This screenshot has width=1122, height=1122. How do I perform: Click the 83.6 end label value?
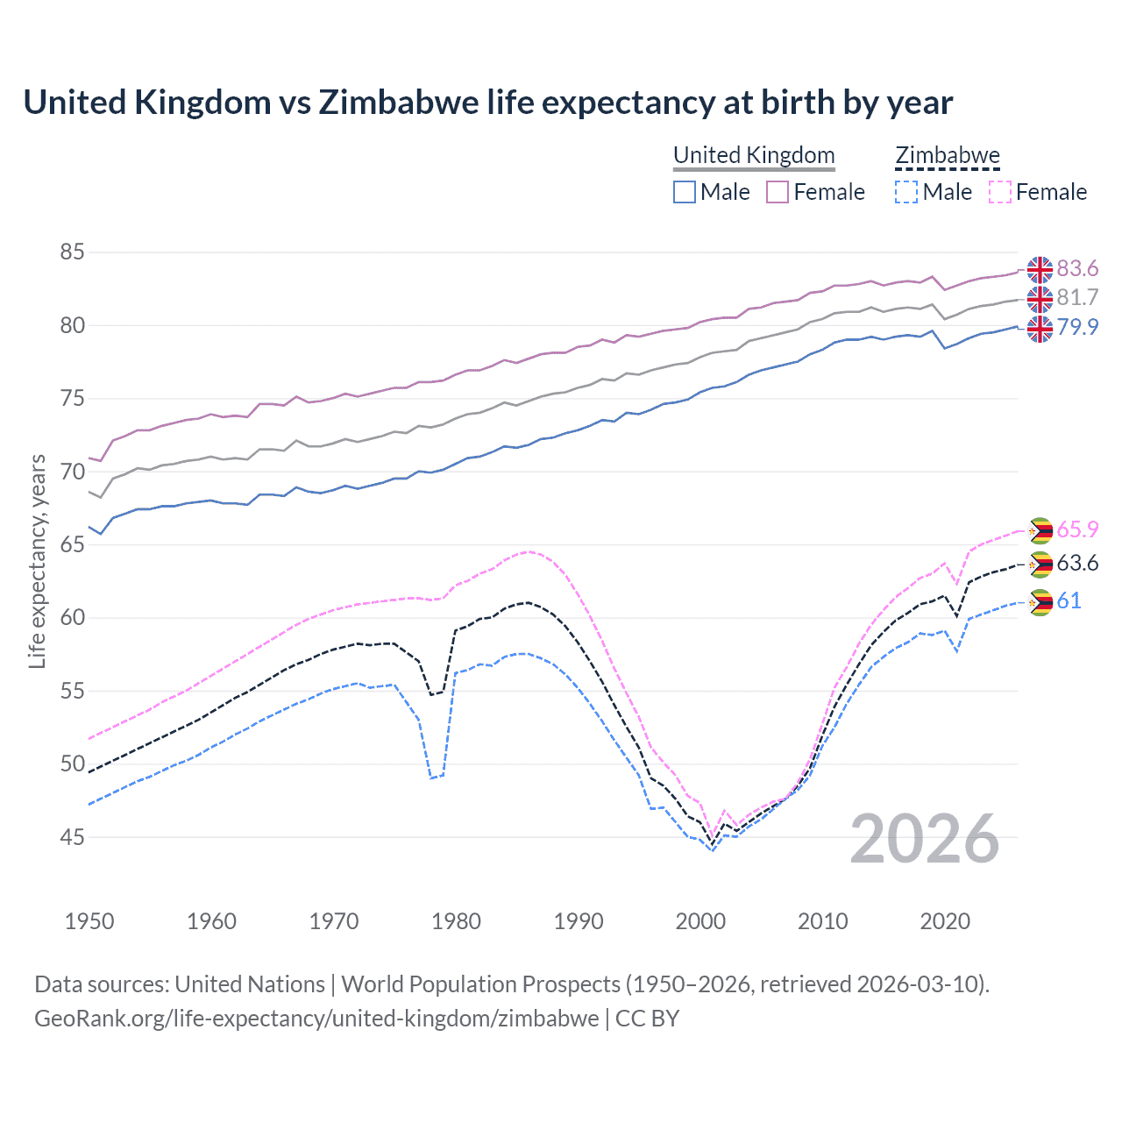[x=1077, y=268]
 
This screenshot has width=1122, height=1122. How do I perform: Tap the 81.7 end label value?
[x=1077, y=298]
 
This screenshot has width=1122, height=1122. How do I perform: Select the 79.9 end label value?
[x=1077, y=328]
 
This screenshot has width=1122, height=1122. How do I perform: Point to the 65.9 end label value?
[x=1077, y=530]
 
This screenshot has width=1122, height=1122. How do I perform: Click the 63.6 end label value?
[x=1077, y=564]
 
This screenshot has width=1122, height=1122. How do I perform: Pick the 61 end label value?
[x=1069, y=601]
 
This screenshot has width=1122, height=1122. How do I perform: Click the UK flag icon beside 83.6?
[x=1040, y=269]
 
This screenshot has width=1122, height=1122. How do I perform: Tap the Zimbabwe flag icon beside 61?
[x=1040, y=602]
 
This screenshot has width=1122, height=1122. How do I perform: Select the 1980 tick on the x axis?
[x=456, y=921]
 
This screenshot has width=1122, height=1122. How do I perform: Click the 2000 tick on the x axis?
[x=700, y=921]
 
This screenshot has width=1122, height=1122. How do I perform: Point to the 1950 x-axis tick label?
[x=89, y=921]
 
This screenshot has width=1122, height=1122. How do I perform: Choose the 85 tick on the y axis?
[x=72, y=252]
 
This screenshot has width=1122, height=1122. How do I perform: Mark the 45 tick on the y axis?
[x=72, y=838]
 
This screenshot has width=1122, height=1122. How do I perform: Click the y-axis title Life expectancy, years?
[x=38, y=561]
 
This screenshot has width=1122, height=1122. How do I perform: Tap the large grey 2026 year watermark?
[x=924, y=839]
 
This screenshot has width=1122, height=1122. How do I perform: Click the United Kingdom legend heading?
[x=754, y=155]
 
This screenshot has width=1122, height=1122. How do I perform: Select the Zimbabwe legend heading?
[x=947, y=155]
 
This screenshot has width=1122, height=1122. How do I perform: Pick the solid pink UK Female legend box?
[x=778, y=192]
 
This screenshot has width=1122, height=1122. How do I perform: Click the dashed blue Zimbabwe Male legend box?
[x=906, y=192]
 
